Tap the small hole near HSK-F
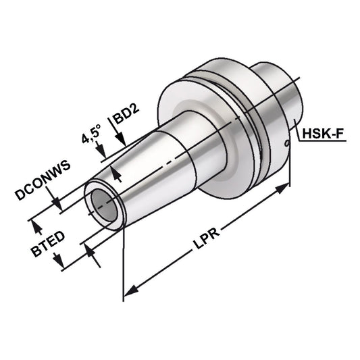click(287, 143)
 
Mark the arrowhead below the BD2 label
click(120, 178)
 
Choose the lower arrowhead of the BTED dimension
click(90, 252)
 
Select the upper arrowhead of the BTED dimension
click(37, 222)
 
